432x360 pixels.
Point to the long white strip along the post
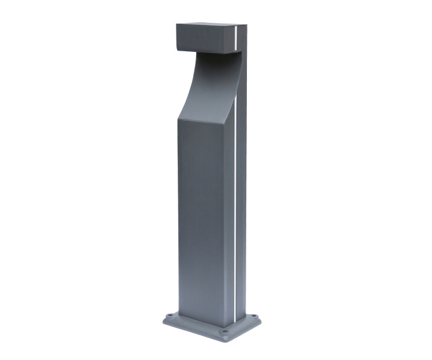click(x=235, y=216)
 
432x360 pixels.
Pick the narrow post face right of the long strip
click(x=241, y=216)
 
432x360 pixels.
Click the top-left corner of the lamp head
click(x=177, y=25)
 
